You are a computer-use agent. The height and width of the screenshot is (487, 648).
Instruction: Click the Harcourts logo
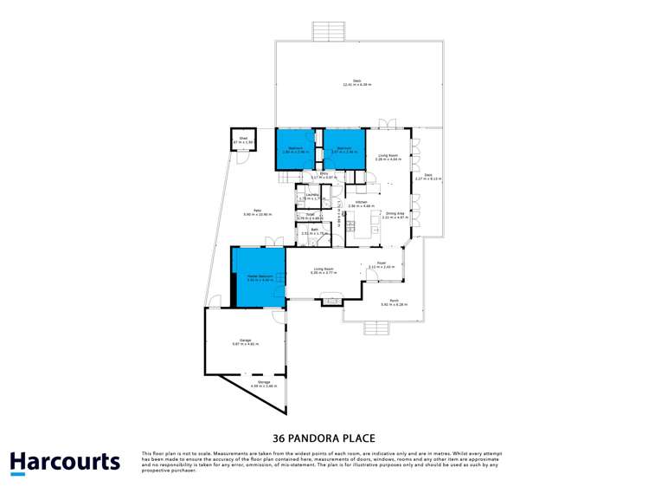point(65,462)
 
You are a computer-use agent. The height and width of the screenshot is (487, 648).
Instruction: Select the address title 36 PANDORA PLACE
point(324,438)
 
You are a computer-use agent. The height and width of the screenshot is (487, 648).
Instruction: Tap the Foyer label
point(381,265)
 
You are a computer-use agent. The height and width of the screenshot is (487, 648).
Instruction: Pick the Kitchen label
point(360,205)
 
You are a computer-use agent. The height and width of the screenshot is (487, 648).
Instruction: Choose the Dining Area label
point(395,216)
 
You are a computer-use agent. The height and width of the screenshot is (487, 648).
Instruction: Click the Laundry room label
point(311,197)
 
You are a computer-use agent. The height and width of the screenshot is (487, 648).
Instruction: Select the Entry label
point(324,176)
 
